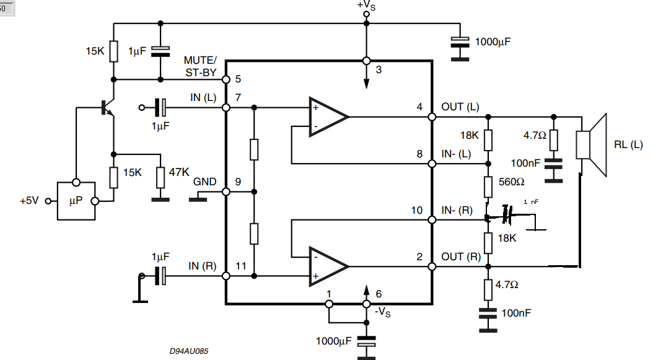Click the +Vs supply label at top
(366, 6)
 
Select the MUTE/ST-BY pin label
(200, 66)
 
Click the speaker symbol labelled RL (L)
(592, 145)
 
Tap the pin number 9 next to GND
(239, 182)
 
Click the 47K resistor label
(178, 172)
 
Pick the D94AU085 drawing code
(188, 351)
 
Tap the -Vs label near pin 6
(384, 312)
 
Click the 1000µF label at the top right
(496, 43)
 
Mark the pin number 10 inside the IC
(416, 211)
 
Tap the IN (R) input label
(203, 266)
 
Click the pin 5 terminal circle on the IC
(226, 80)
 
